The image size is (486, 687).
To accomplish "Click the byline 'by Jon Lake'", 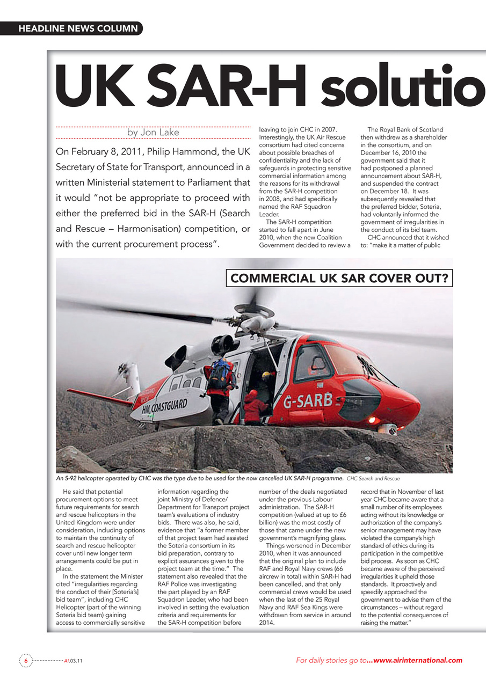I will (x=153, y=132).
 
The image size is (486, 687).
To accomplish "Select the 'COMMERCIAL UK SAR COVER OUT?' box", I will (x=339, y=279).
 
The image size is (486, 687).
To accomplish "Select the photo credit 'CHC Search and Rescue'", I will (x=373, y=478).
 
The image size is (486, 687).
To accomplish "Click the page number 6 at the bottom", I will (x=25, y=661).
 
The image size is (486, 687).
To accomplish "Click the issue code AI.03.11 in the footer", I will (x=72, y=661).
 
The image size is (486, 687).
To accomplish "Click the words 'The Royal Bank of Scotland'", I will (x=405, y=130).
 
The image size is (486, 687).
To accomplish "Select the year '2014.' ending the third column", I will (x=267, y=623).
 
